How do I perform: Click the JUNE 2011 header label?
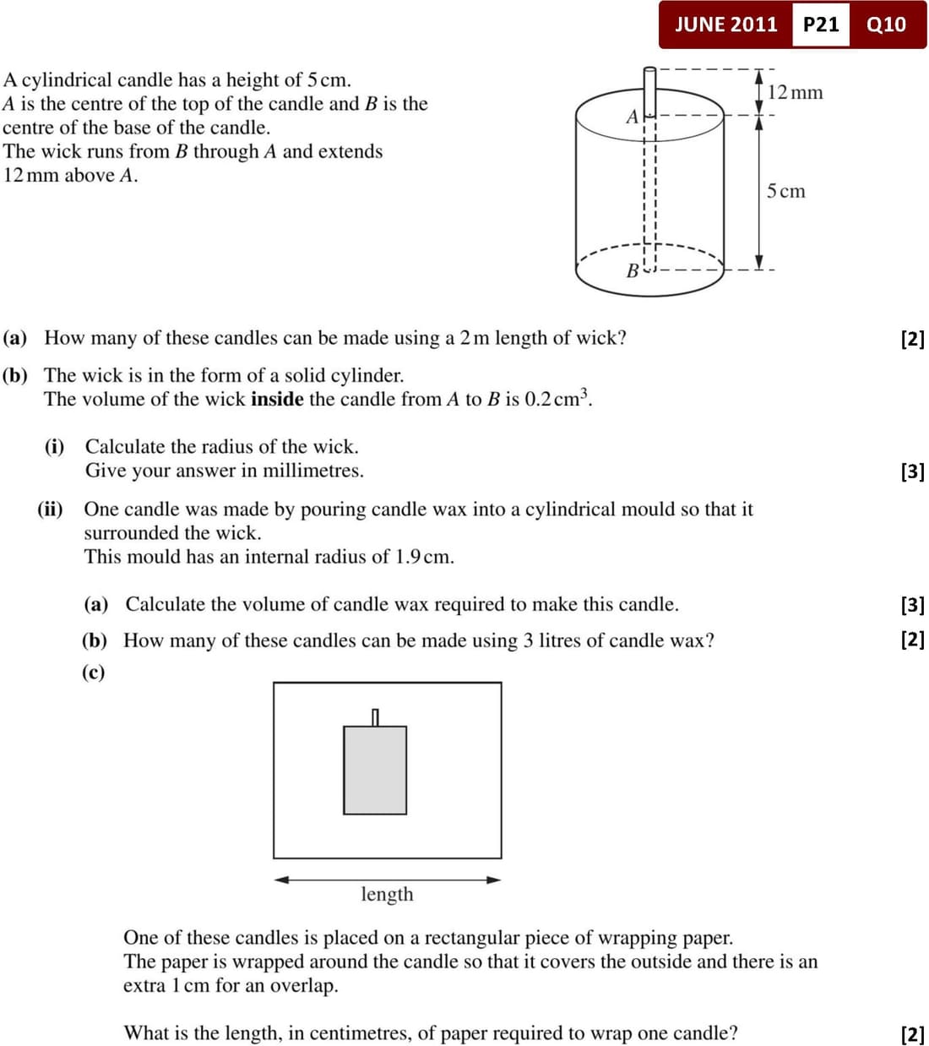[725, 25]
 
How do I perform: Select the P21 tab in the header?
[820, 25]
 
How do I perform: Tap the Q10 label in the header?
[886, 25]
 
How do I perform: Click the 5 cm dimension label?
[785, 191]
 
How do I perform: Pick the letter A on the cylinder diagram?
[632, 117]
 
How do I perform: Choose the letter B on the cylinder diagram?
[632, 270]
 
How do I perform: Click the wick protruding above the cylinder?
[649, 88]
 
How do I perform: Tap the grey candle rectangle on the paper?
[374, 770]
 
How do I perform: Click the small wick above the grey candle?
[375, 717]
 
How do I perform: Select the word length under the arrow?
[387, 894]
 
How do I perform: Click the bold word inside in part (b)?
[276, 399]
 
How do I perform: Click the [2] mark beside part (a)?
[912, 339]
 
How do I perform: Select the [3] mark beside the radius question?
[912, 471]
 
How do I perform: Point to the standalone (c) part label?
[94, 673]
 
